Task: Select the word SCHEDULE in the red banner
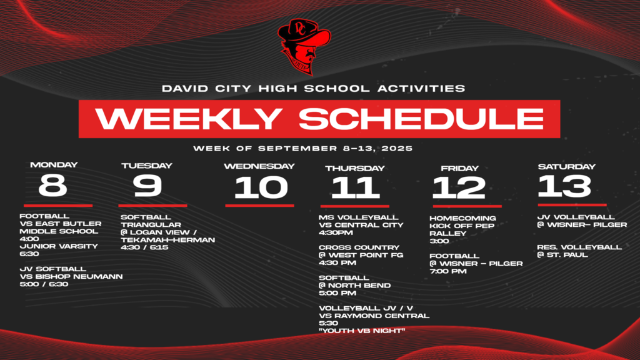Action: tap(420, 119)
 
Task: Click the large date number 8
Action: tap(52, 185)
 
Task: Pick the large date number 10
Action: tap(261, 187)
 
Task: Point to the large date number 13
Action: tap(564, 186)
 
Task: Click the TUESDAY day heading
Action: tap(146, 166)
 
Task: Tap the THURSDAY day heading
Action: tap(355, 168)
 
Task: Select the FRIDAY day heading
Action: tap(459, 168)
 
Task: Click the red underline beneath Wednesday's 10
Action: tap(259, 205)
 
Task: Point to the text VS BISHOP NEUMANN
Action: tap(71, 276)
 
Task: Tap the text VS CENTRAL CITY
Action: tap(361, 225)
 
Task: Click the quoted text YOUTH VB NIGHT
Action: tap(362, 331)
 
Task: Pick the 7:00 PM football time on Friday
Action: tap(447, 271)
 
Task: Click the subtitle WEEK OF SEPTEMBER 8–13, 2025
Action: tap(302, 149)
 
